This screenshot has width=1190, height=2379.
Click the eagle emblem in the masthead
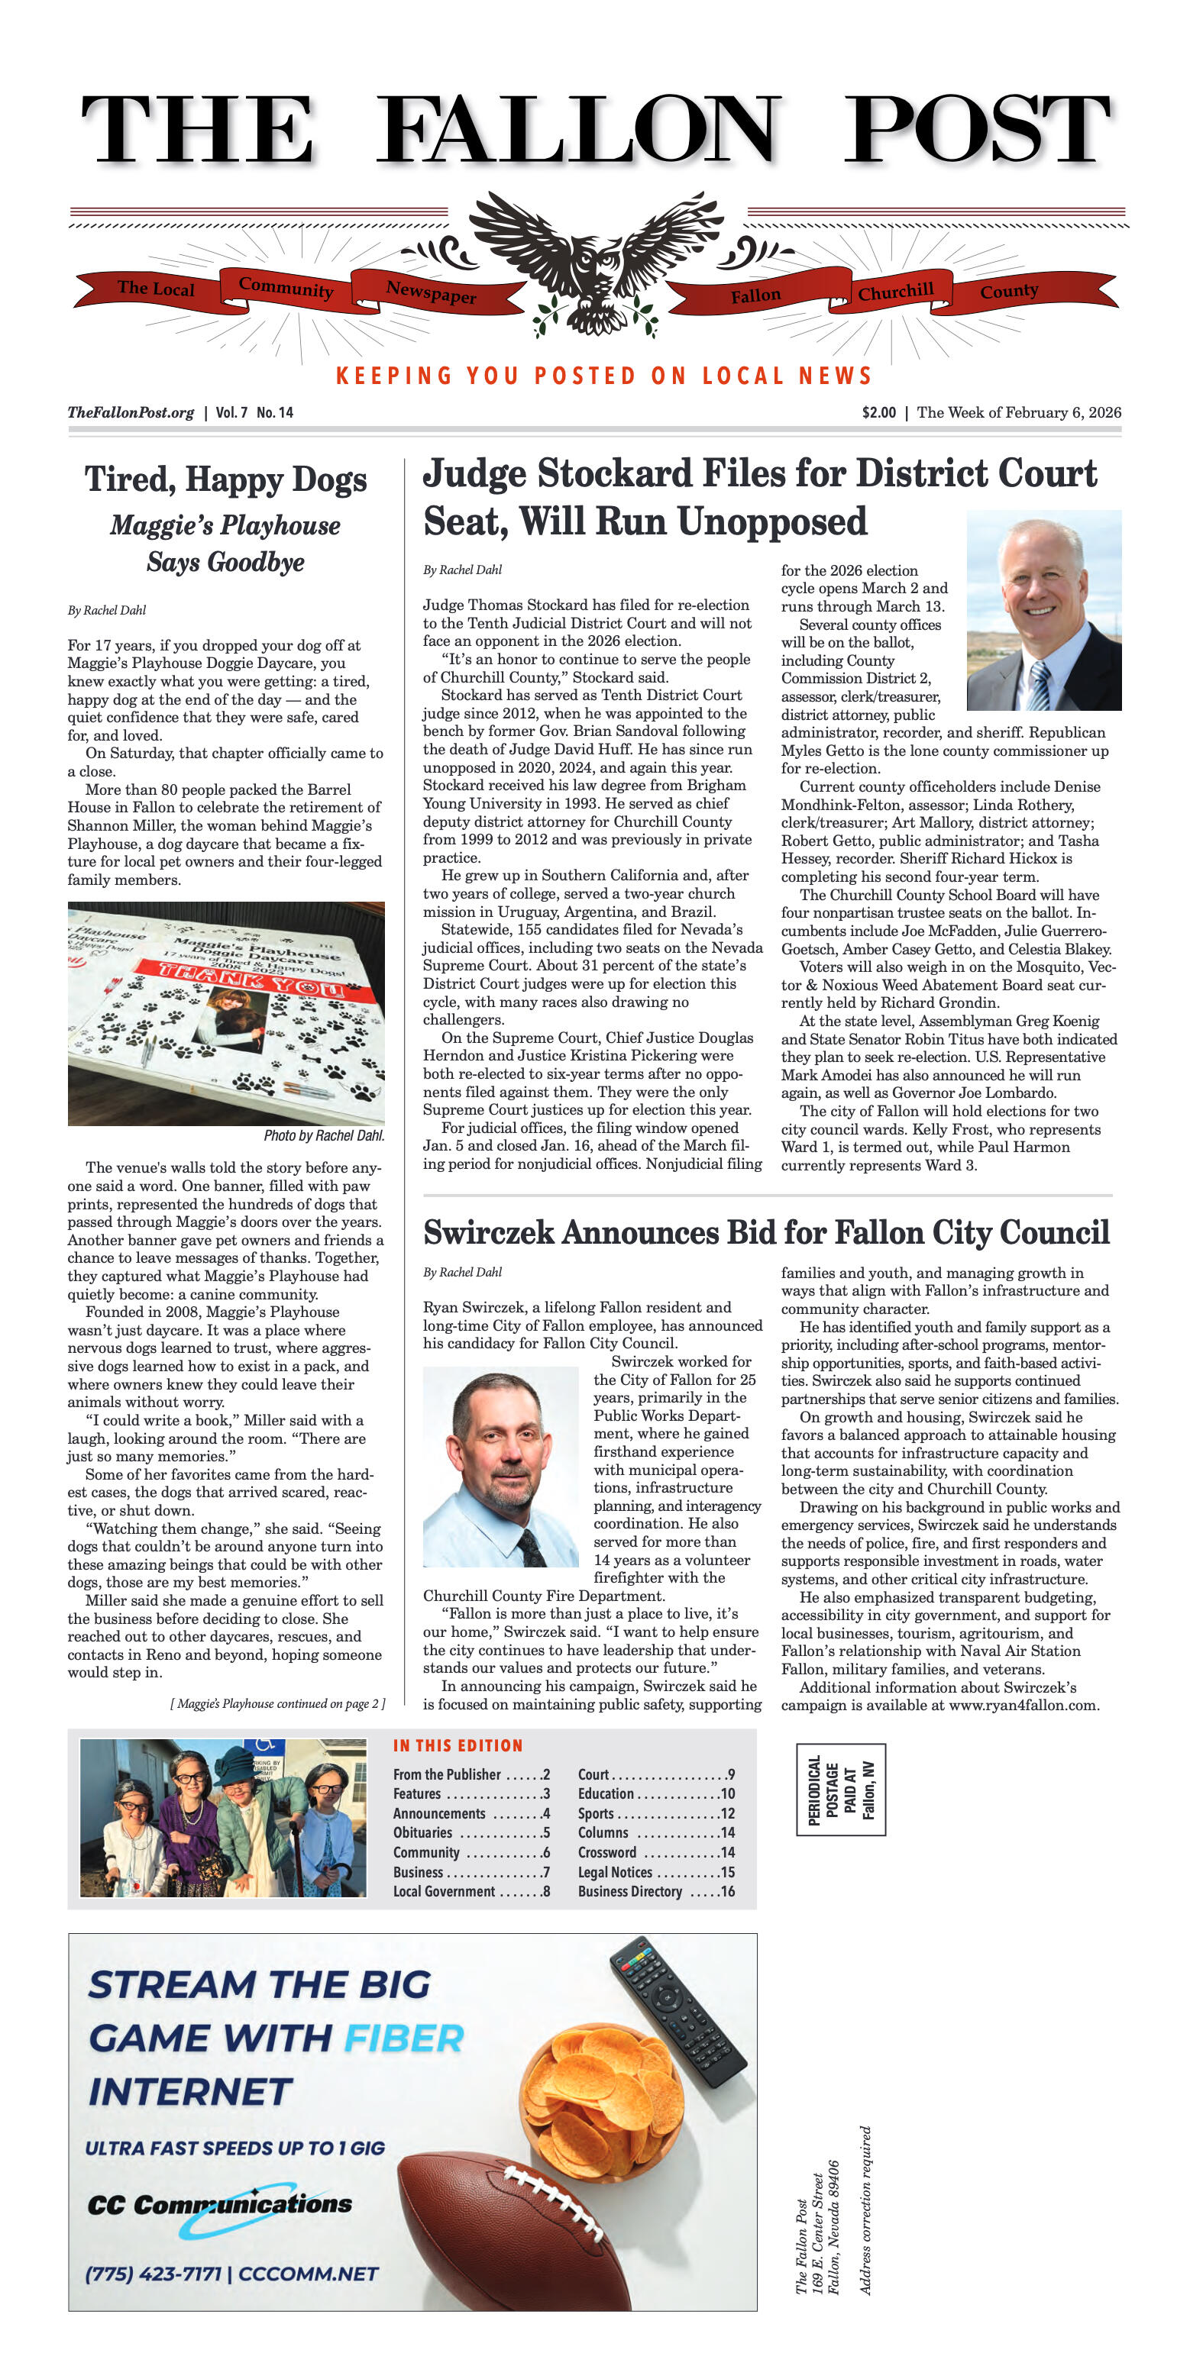pyautogui.click(x=594, y=263)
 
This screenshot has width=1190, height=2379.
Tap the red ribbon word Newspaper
pyautogui.click(x=431, y=292)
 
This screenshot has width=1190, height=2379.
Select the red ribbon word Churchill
pyautogui.click(x=895, y=292)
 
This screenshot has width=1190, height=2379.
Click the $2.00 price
pyautogui.click(x=878, y=413)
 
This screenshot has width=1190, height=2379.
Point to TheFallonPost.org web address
pyautogui.click(x=131, y=413)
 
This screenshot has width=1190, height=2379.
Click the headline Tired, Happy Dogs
pyautogui.click(x=225, y=480)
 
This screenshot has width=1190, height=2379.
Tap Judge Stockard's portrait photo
pyautogui.click(x=1043, y=611)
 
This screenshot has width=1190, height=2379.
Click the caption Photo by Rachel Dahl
pyautogui.click(x=323, y=1135)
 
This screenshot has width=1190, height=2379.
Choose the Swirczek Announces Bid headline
pyautogui.click(x=766, y=1233)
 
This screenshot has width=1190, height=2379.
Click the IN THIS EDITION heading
pyautogui.click(x=458, y=1745)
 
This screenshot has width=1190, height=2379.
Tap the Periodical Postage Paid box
pyautogui.click(x=840, y=1789)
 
